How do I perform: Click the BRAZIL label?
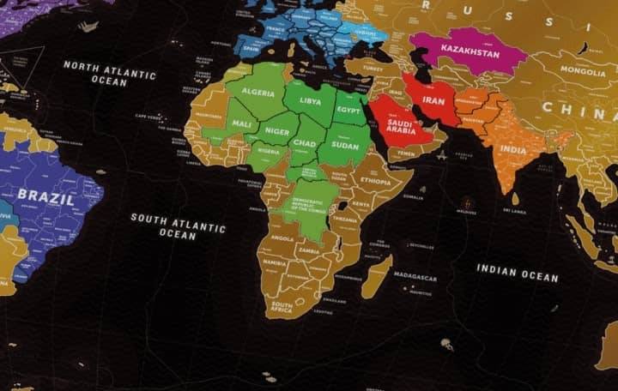[x=45, y=195]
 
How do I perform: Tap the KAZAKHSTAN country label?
[x=470, y=51]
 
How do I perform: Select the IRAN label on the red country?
[x=433, y=100]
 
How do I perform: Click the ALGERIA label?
[x=257, y=92]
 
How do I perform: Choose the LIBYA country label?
[x=310, y=99]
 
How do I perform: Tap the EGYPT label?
[x=348, y=110]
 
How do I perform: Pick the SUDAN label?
[x=345, y=146]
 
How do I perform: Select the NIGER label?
[x=276, y=131]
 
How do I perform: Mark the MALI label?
[x=242, y=124]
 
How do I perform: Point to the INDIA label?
[x=513, y=150]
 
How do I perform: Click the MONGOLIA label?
[x=583, y=71]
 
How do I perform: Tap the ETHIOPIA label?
[x=375, y=182]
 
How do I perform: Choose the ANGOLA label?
[x=282, y=239]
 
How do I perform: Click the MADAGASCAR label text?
[x=415, y=278]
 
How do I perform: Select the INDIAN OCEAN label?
[x=518, y=273]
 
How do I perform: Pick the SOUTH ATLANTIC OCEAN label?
[x=178, y=226]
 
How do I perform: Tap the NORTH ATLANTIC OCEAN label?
[x=109, y=72]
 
